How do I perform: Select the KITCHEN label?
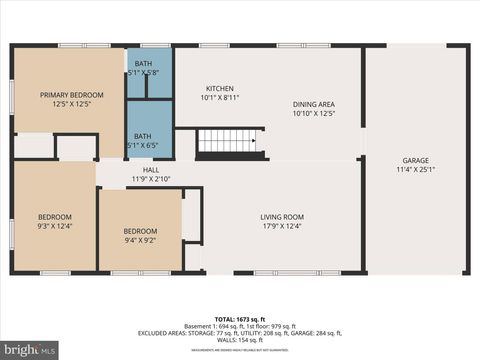pos(220,88)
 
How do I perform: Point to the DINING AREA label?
pos(313,105)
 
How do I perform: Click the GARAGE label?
pos(415,160)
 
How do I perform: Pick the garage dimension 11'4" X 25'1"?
pos(415,169)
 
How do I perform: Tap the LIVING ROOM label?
pos(282,217)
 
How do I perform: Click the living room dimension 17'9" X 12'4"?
pos(282,226)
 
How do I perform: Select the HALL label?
pos(151,170)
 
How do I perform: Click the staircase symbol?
pos(229,141)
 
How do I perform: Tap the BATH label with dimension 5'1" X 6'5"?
pos(143,136)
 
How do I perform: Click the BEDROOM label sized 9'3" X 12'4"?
pos(55,217)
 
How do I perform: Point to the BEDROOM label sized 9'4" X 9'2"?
pos(140,231)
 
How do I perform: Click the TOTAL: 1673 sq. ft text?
pos(240,321)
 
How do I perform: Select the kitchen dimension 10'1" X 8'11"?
pos(220,97)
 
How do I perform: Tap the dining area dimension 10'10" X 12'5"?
pos(313,114)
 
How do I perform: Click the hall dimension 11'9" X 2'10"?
pos(151,179)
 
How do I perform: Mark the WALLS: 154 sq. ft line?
pos(240,341)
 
